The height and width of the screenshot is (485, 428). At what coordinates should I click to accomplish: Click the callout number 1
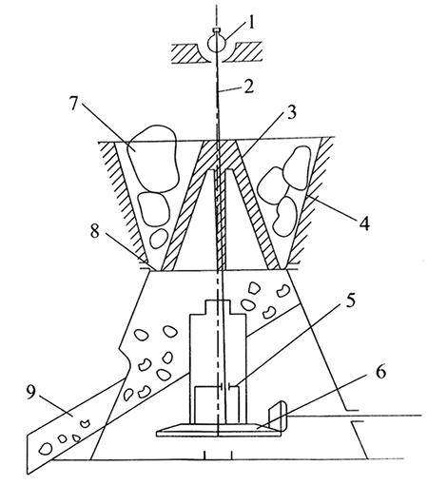pyautogui.click(x=251, y=23)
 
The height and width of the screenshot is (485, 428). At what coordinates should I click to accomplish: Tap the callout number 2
pyautogui.click(x=249, y=87)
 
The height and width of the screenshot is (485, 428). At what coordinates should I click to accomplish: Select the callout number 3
pyautogui.click(x=290, y=112)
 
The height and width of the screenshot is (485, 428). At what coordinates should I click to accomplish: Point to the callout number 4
pyautogui.click(x=364, y=223)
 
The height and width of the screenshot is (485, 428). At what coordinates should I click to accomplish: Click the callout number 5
pyautogui.click(x=350, y=300)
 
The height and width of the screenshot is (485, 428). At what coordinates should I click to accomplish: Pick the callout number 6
pyautogui.click(x=380, y=372)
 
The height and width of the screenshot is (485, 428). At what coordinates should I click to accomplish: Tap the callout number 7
pyautogui.click(x=73, y=103)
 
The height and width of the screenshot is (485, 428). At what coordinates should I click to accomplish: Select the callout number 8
pyautogui.click(x=95, y=231)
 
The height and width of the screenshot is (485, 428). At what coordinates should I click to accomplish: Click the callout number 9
pyautogui.click(x=31, y=394)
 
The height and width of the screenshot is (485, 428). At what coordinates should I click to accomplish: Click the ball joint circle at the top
pyautogui.click(x=216, y=42)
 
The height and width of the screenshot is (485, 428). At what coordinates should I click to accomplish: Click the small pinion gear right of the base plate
pyautogui.click(x=278, y=416)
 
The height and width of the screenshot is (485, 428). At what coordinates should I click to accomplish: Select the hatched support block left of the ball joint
pyautogui.click(x=187, y=53)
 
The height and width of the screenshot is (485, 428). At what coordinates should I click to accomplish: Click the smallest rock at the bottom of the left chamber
pyautogui.click(x=159, y=239)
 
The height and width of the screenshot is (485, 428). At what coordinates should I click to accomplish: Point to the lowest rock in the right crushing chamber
pyautogui.click(x=284, y=216)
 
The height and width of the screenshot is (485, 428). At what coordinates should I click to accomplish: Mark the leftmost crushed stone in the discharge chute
pyautogui.click(x=46, y=449)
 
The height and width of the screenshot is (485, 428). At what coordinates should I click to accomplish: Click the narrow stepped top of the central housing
pyautogui.click(x=218, y=307)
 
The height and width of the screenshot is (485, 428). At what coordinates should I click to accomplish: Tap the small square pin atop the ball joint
pyautogui.click(x=216, y=30)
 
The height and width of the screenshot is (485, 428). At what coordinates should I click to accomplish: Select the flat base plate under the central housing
pyautogui.click(x=219, y=431)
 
